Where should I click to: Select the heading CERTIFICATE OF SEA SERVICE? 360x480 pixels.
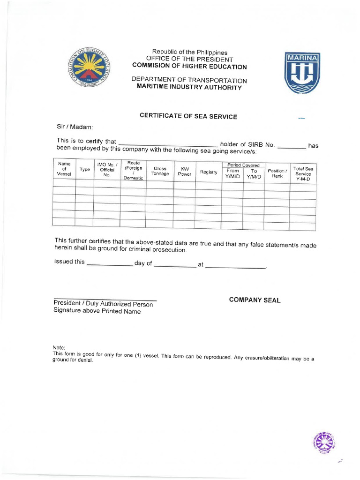coord(188,116)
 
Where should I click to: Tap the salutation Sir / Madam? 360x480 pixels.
coord(75,127)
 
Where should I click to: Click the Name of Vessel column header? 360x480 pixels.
coord(64,169)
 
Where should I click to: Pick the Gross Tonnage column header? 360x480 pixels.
coord(160,171)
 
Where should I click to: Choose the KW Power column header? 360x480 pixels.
coord(185,171)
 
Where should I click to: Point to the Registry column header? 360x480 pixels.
coord(209,172)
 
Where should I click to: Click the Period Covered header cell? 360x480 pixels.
coord(243,165)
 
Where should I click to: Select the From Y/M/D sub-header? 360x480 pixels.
coord(232,174)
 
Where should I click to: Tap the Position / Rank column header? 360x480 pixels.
coord(277,173)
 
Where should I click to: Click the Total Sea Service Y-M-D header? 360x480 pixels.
coord(303,174)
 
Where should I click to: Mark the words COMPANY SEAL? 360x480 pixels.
coord(255,300)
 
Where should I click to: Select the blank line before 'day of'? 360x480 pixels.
coord(110,265)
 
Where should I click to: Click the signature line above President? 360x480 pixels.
coord(105,300)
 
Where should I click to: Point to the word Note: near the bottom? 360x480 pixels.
coord(59,347)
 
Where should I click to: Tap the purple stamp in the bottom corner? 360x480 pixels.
coord(323,442)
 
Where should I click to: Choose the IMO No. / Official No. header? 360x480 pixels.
coord(106,169)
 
